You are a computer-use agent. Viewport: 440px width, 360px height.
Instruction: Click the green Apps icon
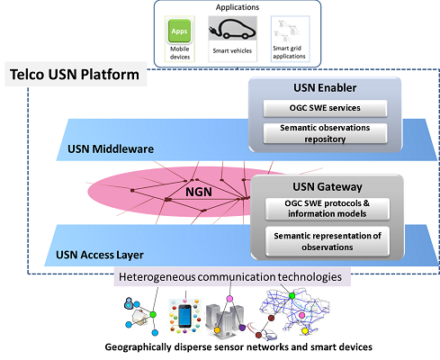pos(179,31)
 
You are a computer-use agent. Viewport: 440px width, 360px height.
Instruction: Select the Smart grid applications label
pos(289,52)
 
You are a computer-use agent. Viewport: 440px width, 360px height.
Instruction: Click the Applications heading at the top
pos(238,7)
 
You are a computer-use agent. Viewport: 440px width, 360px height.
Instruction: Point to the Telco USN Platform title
pos(75,75)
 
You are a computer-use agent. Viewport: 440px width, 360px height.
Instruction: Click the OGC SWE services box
pos(325,108)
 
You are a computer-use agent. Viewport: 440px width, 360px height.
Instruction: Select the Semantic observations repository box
pos(325,133)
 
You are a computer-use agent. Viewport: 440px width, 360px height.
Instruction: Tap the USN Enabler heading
pos(325,88)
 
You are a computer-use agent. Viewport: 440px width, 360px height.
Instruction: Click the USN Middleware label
pos(111,149)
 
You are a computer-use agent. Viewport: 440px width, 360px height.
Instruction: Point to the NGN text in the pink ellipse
pos(199,192)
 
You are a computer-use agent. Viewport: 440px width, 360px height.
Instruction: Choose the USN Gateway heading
pos(328,187)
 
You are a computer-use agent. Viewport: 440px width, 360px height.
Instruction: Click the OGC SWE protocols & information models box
pos(328,209)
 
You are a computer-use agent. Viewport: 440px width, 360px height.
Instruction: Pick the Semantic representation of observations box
pos(328,241)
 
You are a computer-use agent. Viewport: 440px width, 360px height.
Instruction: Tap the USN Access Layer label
pos(100,255)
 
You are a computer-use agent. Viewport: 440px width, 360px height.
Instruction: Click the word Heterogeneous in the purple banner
pos(157,277)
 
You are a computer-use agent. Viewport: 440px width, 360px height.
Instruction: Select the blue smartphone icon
pos(184,316)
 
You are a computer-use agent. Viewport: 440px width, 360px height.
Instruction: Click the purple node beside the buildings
pos(242,328)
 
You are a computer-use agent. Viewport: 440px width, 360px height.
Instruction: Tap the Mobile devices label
pos(180,53)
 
